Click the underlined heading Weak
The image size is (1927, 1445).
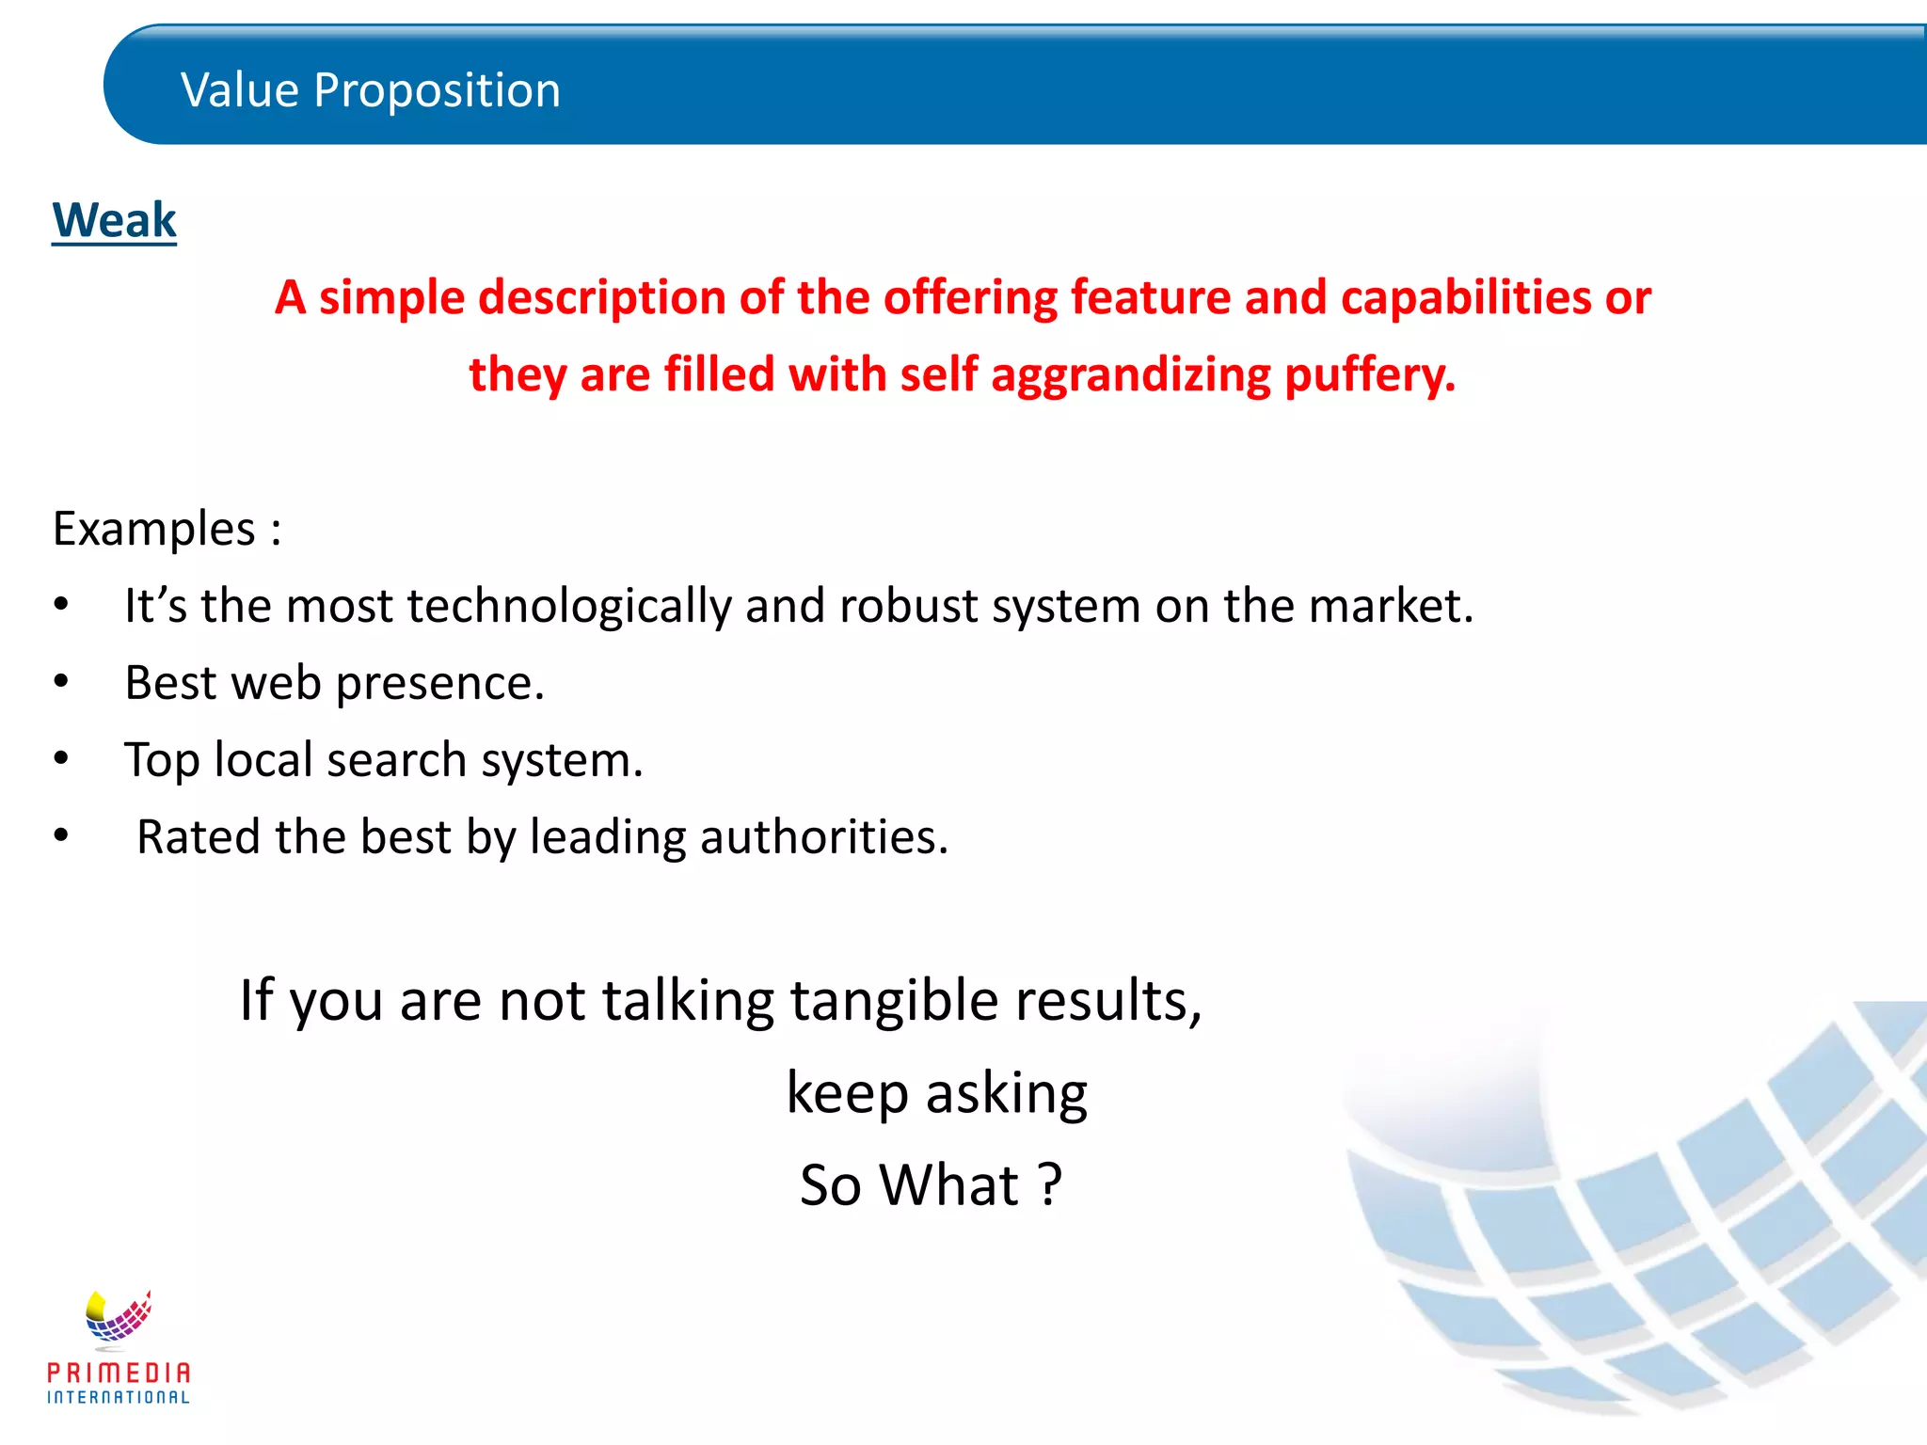tap(114, 221)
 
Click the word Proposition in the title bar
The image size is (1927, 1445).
tap(437, 91)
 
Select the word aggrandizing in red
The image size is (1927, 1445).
tap(1131, 375)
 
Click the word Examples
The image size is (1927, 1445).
tap(154, 529)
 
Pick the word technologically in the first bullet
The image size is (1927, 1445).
tap(568, 606)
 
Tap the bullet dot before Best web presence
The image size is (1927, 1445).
tap(61, 681)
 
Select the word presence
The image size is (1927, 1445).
tap(439, 684)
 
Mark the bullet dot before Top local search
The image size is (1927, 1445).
tap(61, 758)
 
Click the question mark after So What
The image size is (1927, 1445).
tap(1051, 1185)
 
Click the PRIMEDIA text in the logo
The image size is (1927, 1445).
tap(119, 1373)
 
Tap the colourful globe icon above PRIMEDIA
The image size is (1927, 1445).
tap(119, 1315)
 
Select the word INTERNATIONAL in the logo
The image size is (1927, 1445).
tap(119, 1398)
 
